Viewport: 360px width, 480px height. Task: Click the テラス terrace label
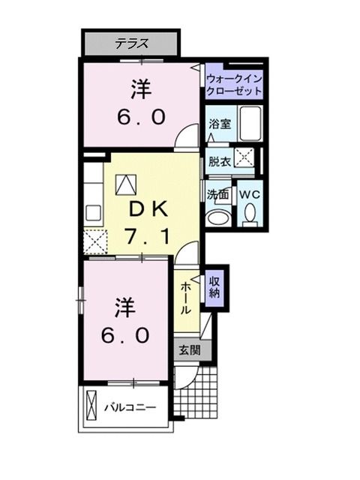click(x=130, y=43)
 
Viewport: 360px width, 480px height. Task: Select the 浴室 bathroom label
click(x=219, y=123)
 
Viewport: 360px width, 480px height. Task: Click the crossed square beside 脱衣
click(x=244, y=157)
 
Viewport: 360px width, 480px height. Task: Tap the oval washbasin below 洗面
click(x=218, y=217)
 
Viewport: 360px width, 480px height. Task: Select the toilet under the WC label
click(x=249, y=214)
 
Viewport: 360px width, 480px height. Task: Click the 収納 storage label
click(x=215, y=286)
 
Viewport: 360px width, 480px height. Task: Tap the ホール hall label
click(x=186, y=298)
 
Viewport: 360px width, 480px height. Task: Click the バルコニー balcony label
click(x=130, y=408)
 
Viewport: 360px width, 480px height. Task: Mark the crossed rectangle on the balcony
click(x=92, y=408)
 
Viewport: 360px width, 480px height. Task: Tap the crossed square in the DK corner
click(x=95, y=241)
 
